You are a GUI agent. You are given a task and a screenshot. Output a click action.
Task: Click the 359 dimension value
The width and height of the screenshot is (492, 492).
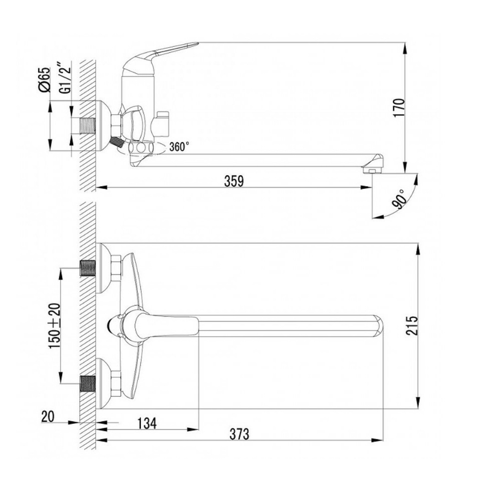234,181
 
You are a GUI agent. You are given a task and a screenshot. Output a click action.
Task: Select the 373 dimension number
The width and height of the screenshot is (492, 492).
239,434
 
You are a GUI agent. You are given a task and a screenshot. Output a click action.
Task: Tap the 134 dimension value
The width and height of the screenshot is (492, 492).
147,423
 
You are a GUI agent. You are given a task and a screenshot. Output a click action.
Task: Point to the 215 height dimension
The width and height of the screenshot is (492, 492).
412,326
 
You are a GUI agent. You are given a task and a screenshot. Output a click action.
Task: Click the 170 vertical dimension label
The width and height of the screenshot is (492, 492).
399,108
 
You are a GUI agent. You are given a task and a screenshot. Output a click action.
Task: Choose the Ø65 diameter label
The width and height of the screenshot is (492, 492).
44,80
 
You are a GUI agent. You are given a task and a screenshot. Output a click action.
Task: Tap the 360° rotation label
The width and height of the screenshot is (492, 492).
179,147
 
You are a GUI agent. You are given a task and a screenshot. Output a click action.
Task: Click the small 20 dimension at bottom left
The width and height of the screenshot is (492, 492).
48,417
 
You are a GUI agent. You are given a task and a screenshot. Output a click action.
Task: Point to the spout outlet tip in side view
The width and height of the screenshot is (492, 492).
372,171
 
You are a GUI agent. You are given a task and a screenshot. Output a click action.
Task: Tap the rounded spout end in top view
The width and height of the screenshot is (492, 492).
379,326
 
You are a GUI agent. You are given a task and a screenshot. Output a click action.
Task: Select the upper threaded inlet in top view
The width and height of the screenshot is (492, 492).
88,268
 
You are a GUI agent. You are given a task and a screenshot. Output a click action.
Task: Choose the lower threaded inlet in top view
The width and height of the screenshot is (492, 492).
88,383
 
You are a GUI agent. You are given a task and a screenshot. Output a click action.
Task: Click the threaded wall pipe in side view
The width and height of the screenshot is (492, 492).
87,126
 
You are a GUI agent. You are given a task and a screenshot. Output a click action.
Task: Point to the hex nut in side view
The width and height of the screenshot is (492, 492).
116,126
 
